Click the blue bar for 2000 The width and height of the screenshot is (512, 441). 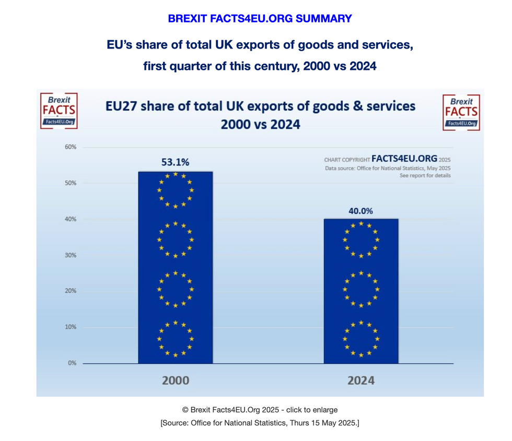(175, 267)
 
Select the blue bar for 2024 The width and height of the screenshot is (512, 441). (360, 291)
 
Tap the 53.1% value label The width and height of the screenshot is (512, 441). (175, 162)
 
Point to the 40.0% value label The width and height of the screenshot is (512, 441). (360, 211)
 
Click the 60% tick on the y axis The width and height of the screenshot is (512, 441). (70, 147)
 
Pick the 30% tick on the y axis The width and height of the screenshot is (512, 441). (70, 255)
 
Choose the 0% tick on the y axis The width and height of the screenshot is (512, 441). (72, 363)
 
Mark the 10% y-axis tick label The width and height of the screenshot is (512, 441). (70, 327)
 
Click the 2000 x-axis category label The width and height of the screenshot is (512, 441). (175, 380)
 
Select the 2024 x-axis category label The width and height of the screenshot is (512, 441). (360, 380)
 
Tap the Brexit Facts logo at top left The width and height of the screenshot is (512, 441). (59, 111)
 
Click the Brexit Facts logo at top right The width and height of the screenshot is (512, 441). (461, 112)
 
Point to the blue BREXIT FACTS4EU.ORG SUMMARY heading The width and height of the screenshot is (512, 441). (260, 19)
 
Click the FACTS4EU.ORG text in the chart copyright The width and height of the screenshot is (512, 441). (404, 159)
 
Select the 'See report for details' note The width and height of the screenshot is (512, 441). (425, 176)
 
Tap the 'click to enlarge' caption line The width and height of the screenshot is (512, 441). (260, 410)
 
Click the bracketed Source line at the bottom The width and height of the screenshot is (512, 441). (260, 423)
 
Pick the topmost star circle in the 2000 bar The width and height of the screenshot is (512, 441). (175, 190)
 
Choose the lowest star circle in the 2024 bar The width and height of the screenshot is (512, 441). (360, 339)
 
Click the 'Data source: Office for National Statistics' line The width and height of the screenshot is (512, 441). (388, 168)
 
